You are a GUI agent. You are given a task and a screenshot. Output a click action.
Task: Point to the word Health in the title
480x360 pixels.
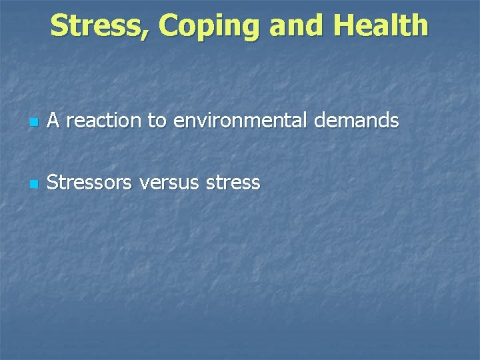(381, 26)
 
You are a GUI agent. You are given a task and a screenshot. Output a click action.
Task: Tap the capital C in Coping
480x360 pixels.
(170, 26)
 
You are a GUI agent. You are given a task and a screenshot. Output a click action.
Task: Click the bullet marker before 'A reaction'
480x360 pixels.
(34, 123)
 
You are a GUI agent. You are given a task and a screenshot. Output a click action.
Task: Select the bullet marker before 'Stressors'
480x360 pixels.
(34, 184)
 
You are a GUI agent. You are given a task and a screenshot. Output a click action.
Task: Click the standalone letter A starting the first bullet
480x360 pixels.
(54, 121)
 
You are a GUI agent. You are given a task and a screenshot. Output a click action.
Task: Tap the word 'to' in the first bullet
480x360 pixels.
(157, 121)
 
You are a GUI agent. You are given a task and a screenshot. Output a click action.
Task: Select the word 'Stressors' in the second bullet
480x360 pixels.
(90, 182)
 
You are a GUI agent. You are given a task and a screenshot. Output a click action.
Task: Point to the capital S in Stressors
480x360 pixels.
(53, 182)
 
